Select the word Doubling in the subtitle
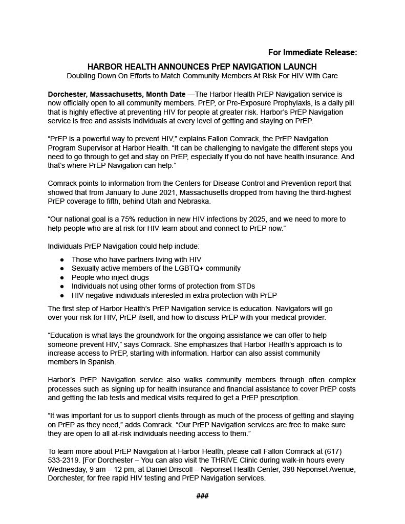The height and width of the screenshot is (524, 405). (82, 76)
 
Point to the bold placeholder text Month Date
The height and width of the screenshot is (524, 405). (166, 94)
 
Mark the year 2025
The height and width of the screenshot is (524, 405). (257, 219)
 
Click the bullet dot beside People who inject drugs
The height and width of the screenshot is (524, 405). (62, 277)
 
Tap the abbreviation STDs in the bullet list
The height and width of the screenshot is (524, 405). (246, 286)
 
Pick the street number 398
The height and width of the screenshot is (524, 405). (280, 469)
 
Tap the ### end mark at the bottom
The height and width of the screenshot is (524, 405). (202, 496)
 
